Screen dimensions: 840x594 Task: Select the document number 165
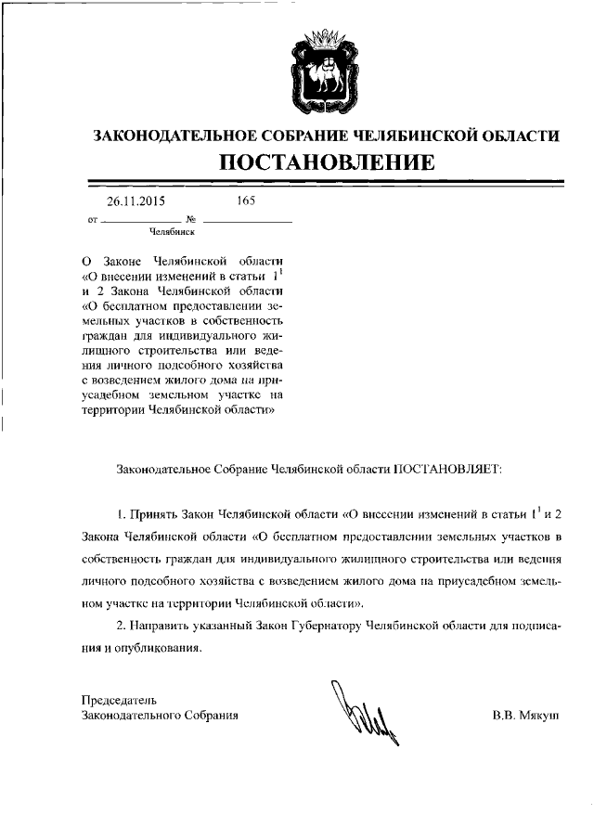[x=246, y=200]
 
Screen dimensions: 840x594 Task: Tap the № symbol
[x=191, y=221]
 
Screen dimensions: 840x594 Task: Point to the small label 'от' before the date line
[x=90, y=222]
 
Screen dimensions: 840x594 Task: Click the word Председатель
[x=120, y=699]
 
